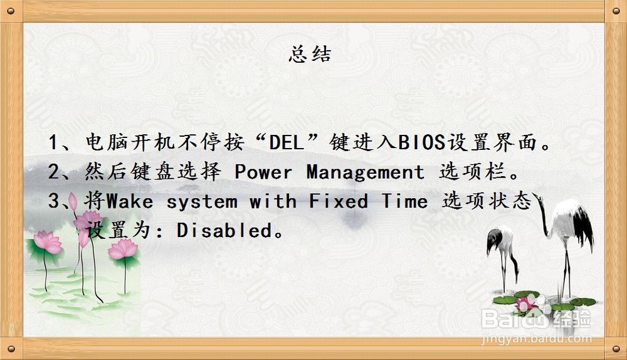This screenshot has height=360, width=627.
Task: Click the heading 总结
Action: [x=310, y=54]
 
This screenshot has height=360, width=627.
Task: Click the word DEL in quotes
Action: [x=287, y=142]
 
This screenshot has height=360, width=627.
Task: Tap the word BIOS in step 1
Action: [x=421, y=142]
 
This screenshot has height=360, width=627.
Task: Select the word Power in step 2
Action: [x=263, y=172]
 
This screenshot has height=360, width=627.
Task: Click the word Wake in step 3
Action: [x=130, y=201]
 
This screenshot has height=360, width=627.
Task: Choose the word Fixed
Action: [x=339, y=201]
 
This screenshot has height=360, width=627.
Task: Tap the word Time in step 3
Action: [x=404, y=201]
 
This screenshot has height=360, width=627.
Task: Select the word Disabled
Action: [x=224, y=230]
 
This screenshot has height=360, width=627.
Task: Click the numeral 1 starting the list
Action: [x=53, y=142]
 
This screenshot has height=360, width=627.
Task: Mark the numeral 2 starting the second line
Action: [x=53, y=172]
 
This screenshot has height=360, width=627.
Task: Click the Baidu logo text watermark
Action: [x=536, y=319]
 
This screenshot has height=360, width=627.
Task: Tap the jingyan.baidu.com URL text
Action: [x=536, y=339]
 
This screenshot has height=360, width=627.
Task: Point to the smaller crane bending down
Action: [x=502, y=257]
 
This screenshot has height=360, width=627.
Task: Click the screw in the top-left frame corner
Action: [x=11, y=11]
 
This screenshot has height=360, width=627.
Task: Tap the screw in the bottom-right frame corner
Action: [x=616, y=349]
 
